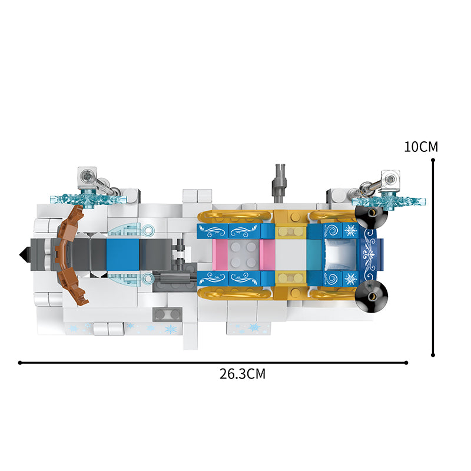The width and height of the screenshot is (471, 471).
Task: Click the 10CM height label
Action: [421, 147]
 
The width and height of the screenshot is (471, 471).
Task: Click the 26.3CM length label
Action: [243, 374]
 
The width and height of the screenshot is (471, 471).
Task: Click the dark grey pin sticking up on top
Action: [279, 182]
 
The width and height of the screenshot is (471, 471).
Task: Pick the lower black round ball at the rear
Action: [372, 296]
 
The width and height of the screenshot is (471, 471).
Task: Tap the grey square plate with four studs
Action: [243, 255]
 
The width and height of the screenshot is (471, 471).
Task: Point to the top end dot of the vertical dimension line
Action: [433, 160]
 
